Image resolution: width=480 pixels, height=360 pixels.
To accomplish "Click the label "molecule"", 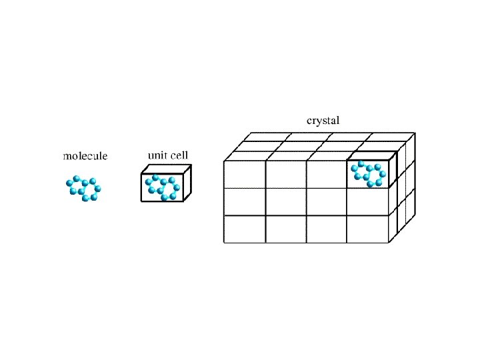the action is click(85, 157).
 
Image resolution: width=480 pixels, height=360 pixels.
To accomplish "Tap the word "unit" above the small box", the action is click(157, 155).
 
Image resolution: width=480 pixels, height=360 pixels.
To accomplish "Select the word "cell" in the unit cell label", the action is click(179, 155).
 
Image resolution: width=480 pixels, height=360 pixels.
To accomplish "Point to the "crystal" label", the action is click(323, 121).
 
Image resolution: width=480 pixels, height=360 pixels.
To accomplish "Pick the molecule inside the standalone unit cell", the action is click(163, 187).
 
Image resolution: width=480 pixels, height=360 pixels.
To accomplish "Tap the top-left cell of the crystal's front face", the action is click(245, 175).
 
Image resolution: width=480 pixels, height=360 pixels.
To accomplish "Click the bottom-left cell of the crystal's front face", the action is click(245, 229).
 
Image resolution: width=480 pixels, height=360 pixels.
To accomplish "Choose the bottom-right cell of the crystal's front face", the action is click(368, 229).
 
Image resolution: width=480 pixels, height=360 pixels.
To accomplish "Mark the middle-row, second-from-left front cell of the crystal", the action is click(286, 202).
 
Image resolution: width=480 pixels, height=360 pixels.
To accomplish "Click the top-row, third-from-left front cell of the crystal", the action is click(327, 175).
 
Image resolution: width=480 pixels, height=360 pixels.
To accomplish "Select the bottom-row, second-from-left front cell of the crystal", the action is click(286, 229).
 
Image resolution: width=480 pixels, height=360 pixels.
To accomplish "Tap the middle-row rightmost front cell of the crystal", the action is click(368, 202).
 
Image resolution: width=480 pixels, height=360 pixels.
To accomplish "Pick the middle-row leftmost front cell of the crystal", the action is click(245, 202).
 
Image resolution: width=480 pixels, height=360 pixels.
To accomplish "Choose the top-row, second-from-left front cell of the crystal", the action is click(286, 175).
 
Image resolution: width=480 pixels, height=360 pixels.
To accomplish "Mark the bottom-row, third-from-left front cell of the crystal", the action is click(327, 229).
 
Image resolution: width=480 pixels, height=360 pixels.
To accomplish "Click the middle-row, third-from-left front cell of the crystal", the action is click(327, 202).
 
